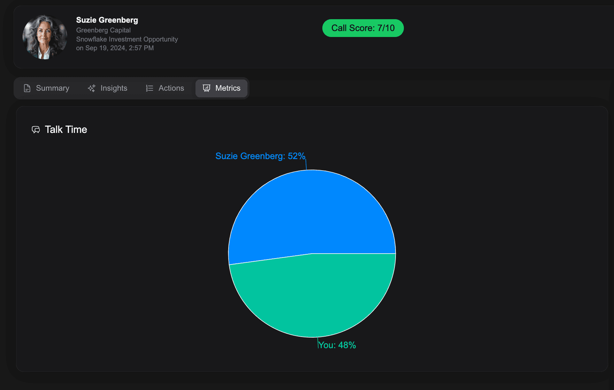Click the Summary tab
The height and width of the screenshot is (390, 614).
tap(46, 88)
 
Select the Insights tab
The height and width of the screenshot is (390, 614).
tap(107, 88)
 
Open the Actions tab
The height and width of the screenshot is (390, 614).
tap(165, 88)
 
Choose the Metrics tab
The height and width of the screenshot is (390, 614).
tap(221, 88)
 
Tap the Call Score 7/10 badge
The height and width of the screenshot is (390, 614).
tap(363, 28)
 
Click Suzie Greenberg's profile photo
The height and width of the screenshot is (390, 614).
tap(45, 37)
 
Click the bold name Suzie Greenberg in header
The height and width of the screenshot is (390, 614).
tap(107, 20)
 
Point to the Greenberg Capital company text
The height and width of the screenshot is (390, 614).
tap(103, 30)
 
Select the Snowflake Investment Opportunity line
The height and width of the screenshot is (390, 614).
tap(127, 39)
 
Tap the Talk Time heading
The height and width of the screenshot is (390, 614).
tap(66, 130)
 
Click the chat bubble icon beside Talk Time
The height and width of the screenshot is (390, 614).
tap(36, 130)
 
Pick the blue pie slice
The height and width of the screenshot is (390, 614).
tap(312, 213)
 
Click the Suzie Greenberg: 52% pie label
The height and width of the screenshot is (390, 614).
tap(260, 156)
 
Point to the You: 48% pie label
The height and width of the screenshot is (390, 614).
tap(337, 345)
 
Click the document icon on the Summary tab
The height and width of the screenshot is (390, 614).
tap(27, 88)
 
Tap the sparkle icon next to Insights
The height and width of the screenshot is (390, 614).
tap(92, 88)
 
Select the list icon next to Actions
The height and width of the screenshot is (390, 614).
tap(149, 88)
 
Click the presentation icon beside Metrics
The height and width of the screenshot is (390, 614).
tap(207, 88)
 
